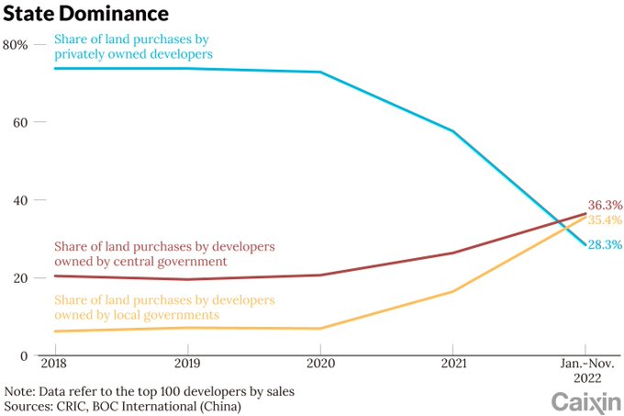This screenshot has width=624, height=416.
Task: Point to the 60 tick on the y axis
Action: pyautogui.click(x=22, y=122)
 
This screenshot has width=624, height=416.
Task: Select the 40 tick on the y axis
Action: pyautogui.click(x=22, y=200)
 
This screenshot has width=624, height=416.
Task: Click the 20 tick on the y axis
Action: pyautogui.click(x=22, y=277)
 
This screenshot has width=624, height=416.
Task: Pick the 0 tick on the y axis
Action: pyautogui.click(x=26, y=355)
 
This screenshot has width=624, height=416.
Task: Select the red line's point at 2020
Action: pyautogui.click(x=320, y=275)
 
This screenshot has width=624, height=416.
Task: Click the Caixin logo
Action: pyautogui.click(x=584, y=400)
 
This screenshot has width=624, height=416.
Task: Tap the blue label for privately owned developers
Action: pyautogui.click(x=134, y=46)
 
